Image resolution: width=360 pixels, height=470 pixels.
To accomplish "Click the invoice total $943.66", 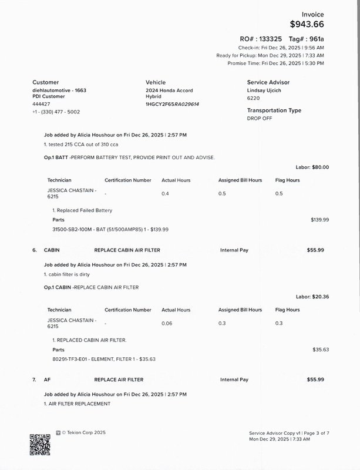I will (x=307, y=24).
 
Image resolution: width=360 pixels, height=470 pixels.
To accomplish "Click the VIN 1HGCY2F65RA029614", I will (x=172, y=104).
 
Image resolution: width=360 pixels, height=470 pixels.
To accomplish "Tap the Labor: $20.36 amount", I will (x=312, y=297).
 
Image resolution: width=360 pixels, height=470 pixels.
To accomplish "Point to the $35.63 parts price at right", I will (x=321, y=349).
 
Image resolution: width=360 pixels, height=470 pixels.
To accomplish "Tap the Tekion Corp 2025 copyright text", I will (x=83, y=432).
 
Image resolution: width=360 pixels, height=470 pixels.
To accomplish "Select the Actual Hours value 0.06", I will (x=167, y=323).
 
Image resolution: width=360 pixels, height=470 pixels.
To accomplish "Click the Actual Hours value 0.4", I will (x=165, y=193).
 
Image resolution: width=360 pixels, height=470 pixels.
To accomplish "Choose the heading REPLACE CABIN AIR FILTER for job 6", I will (x=127, y=250).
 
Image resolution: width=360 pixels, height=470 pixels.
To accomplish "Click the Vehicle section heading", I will (x=156, y=82).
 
